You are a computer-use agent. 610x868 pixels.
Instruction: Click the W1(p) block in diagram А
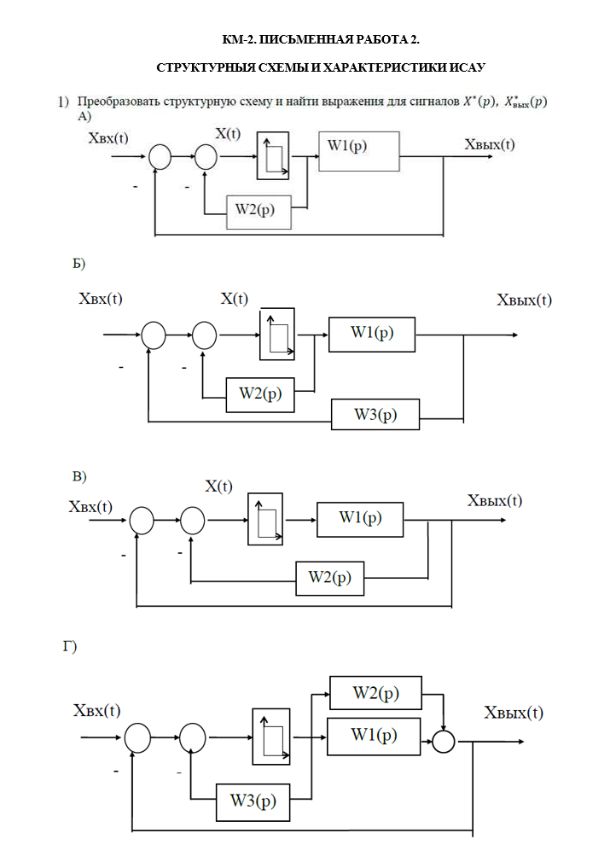[x=359, y=152]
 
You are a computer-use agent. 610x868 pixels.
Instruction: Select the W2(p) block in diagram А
[x=259, y=211]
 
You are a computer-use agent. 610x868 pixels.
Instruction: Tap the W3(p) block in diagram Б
[x=375, y=416]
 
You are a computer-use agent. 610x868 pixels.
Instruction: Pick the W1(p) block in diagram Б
[x=372, y=334]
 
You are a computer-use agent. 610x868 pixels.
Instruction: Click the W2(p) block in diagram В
[x=329, y=578]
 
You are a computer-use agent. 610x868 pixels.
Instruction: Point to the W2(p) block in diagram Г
[x=375, y=693]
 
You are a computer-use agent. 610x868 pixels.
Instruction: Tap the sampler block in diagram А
[x=273, y=156]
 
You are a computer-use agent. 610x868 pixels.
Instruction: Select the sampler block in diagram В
[x=264, y=519]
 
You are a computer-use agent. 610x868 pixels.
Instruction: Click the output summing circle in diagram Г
[x=444, y=741]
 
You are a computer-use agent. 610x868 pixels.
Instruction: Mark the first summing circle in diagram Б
[x=153, y=335]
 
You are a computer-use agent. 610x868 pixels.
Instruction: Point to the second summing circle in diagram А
[x=206, y=156]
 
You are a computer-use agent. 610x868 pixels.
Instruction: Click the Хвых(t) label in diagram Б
[x=524, y=300]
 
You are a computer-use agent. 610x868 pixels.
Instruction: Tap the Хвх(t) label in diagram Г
[x=96, y=711]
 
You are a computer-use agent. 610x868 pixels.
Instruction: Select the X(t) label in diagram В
[x=218, y=486]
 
